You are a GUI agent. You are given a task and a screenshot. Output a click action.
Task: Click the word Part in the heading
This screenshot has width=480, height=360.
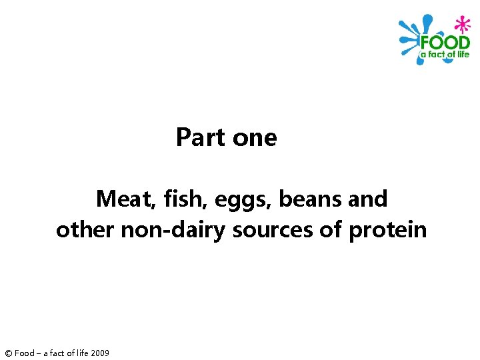click(x=201, y=137)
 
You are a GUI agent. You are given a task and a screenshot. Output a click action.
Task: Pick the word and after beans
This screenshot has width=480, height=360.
click(x=366, y=199)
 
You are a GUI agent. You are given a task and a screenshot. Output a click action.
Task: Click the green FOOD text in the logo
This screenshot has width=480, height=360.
click(x=445, y=42)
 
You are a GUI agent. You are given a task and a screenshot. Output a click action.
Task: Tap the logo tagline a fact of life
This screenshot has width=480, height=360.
click(x=445, y=54)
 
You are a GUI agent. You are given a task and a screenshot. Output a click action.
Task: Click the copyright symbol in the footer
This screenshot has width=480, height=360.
click(x=8, y=353)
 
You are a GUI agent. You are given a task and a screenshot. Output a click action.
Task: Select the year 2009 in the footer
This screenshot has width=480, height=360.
click(x=99, y=353)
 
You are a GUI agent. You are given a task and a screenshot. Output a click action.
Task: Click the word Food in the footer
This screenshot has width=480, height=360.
click(x=24, y=353)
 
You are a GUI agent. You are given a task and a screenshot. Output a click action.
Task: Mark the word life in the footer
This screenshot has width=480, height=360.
click(x=78, y=353)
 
